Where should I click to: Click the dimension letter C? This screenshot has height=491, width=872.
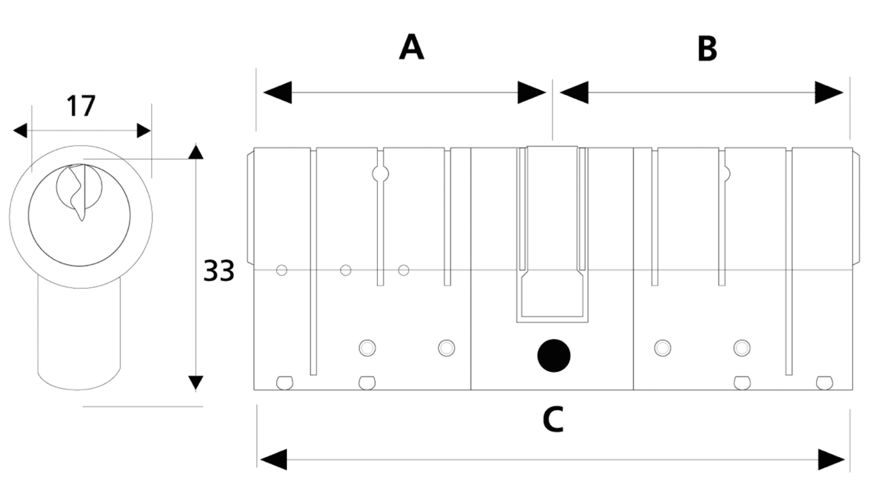[553, 419]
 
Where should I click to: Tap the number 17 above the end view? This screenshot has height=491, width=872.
[81, 106]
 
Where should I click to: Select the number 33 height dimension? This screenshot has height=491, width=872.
[219, 270]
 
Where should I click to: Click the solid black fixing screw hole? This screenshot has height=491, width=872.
[554, 355]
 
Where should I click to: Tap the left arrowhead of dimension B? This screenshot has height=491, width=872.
[574, 92]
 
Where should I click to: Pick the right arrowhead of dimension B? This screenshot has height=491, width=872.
[829, 92]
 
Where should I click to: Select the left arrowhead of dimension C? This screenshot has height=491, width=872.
[273, 459]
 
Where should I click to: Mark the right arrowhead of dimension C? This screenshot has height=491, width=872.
[831, 459]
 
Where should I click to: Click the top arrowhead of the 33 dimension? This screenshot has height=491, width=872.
[195, 152]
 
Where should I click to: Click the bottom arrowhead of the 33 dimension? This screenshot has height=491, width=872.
[195, 383]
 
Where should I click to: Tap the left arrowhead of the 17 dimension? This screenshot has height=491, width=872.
[20, 130]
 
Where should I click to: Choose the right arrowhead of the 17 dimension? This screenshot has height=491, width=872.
[144, 130]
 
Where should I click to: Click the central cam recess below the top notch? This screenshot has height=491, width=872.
[552, 294]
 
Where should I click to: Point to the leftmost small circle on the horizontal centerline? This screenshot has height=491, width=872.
[281, 270]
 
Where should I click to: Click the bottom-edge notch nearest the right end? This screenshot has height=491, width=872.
[824, 382]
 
